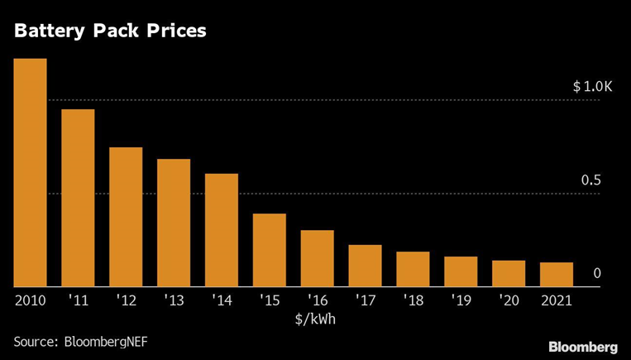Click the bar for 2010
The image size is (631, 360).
click(30, 173)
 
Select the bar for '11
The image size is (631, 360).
click(78, 199)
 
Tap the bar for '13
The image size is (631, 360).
click(174, 223)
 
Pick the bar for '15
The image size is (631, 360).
click(269, 251)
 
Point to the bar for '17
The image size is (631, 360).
click(365, 266)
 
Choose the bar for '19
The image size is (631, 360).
click(461, 272)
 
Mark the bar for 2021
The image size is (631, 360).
click(556, 275)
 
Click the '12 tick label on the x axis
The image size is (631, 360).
click(126, 300)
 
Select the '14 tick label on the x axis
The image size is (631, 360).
click(222, 300)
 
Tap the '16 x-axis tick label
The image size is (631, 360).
click(317, 300)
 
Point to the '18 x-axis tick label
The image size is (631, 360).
click(413, 300)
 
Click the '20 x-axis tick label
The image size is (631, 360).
click(509, 300)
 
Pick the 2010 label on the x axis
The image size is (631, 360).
click(30, 300)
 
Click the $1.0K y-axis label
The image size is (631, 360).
click(592, 87)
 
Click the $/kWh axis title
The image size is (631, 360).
click(315, 317)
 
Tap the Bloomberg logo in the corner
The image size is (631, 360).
click(583, 345)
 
